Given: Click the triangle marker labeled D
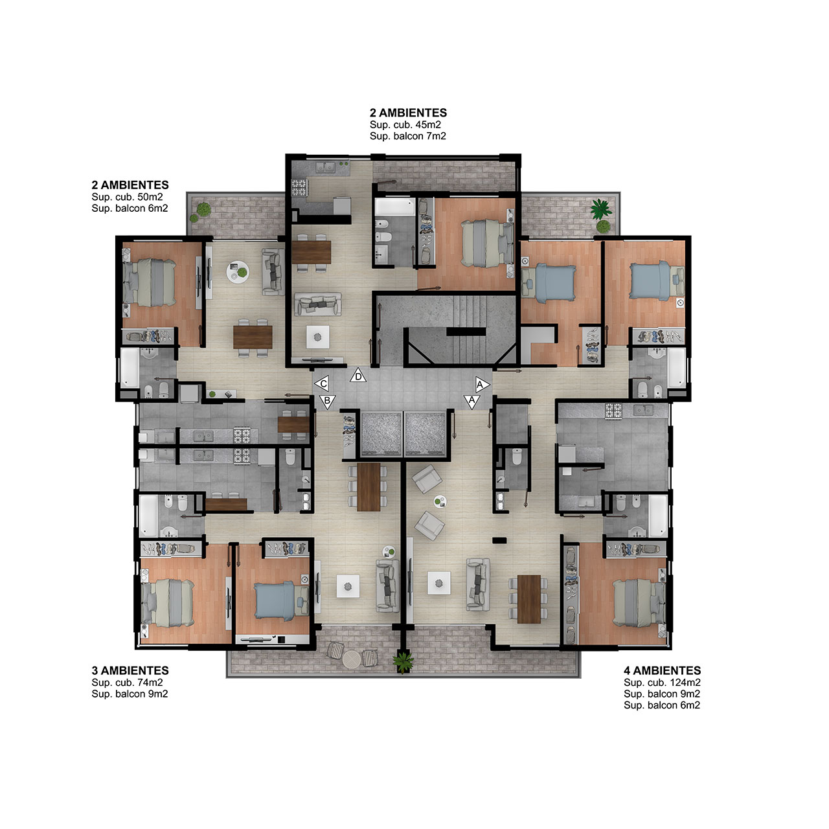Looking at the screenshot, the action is [358, 376].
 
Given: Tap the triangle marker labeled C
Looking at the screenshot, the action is [322, 384].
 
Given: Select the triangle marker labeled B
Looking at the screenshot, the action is [327, 402].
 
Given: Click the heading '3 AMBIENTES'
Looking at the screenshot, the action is [130, 671].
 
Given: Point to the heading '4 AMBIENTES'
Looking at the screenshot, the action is [662, 671].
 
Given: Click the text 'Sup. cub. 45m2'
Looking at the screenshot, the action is [405, 125].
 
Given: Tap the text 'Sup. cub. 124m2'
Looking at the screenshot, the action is [662, 682].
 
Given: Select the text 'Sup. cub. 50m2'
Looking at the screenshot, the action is [127, 197].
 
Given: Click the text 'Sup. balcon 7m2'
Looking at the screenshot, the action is [408, 136].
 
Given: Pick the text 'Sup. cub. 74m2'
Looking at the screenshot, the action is [127, 682].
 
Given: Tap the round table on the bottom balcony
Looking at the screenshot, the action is [352, 659].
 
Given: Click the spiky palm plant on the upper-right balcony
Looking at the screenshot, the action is [600, 209].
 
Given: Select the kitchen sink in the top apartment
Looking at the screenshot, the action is [326, 167].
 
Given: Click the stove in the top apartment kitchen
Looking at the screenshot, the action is [299, 188].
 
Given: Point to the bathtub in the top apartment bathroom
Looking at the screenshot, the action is [394, 207].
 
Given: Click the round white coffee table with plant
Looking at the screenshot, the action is [238, 272].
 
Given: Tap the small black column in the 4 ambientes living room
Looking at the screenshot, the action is [499, 540].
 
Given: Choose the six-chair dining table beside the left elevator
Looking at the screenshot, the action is [369, 486].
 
